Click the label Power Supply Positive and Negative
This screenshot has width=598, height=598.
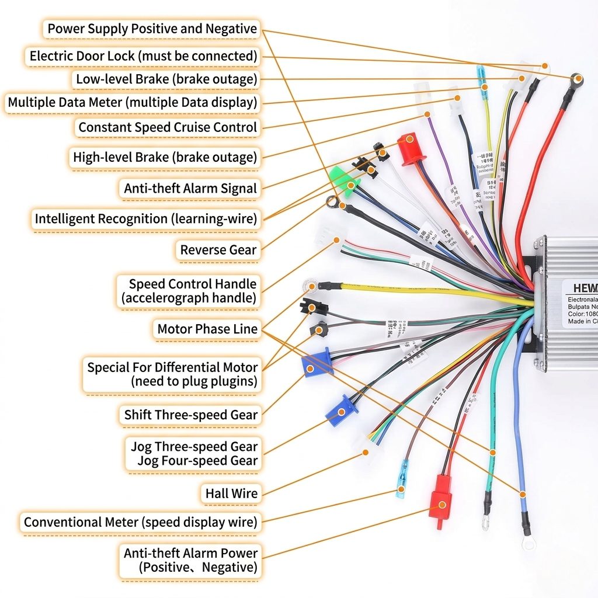(152, 29)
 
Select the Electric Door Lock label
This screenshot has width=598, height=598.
(143, 56)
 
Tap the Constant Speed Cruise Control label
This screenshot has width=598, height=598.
(168, 127)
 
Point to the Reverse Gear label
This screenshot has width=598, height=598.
(218, 250)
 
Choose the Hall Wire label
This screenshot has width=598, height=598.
(231, 493)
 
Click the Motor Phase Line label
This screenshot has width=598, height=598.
(207, 329)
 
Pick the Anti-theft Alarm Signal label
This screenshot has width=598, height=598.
(190, 189)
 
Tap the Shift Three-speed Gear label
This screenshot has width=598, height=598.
(190, 415)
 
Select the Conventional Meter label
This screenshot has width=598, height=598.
(140, 522)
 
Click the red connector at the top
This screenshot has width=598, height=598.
(410, 148)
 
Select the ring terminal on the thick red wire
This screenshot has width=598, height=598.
(577, 79)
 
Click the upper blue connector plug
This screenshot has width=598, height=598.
(316, 363)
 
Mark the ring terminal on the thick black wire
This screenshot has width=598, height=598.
(332, 203)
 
